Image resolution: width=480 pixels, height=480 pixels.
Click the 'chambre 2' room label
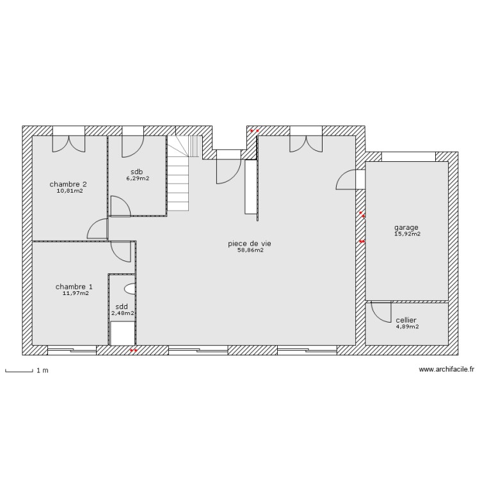click(x=68, y=184)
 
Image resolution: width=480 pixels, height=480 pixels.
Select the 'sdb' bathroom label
click(x=137, y=172)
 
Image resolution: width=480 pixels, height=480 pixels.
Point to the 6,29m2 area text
click(x=137, y=179)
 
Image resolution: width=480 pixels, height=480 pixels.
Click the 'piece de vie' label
click(x=245, y=243)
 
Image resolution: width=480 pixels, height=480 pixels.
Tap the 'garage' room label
click(x=406, y=227)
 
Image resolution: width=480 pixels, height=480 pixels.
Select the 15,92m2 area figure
click(x=407, y=234)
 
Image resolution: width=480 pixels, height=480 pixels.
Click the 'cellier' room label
click(x=406, y=320)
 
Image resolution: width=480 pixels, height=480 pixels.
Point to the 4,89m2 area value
click(x=406, y=326)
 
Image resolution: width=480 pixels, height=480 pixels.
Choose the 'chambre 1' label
click(x=74, y=287)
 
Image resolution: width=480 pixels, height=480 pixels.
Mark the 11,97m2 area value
click(x=76, y=294)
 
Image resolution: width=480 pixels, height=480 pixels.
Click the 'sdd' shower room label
click(x=122, y=307)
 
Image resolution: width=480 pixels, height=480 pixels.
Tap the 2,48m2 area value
click(x=123, y=313)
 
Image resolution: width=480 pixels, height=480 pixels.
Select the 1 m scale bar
click(x=19, y=370)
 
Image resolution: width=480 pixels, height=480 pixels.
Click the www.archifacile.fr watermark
click(x=446, y=369)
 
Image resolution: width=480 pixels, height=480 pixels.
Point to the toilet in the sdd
click(x=130, y=288)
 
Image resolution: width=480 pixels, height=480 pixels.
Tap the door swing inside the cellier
click(x=381, y=312)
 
